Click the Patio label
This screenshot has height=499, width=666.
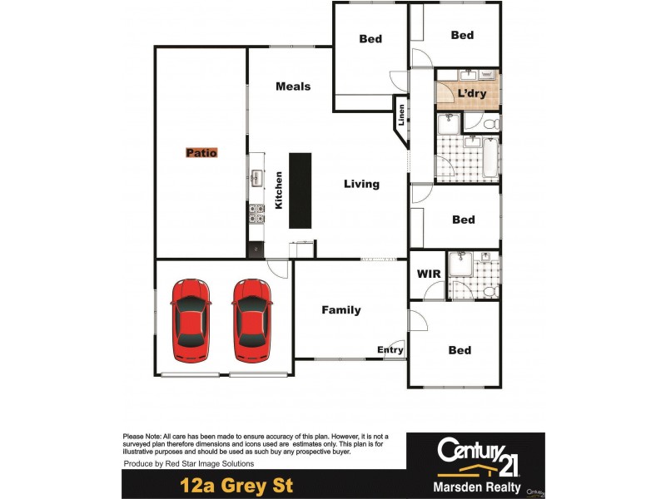[201, 153]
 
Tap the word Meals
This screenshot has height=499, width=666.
[293, 86]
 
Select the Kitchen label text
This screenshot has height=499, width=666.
[279, 190]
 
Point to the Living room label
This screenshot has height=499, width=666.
[361, 184]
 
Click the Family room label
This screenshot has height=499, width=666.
[341, 310]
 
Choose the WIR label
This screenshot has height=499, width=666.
[428, 274]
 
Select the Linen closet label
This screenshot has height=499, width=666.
[401, 114]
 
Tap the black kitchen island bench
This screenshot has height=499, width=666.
[300, 190]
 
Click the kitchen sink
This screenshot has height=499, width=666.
[256, 177]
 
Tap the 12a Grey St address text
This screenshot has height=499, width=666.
[237, 485]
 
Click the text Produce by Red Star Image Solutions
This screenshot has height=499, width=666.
[189, 463]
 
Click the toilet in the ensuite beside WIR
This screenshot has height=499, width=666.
[490, 292]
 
